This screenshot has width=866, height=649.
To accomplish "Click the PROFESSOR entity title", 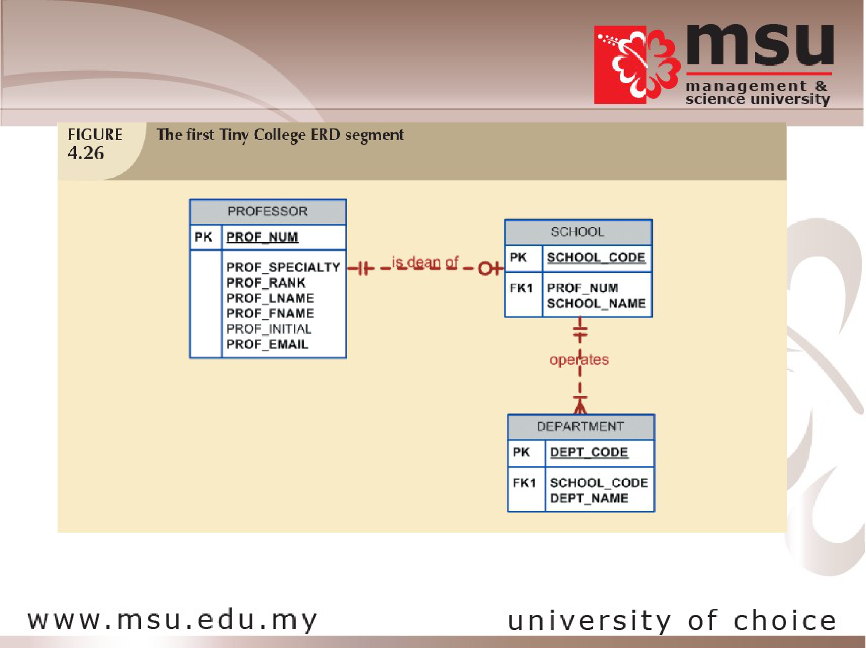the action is tap(267, 212).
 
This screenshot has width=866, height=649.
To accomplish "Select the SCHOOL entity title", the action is tap(578, 232).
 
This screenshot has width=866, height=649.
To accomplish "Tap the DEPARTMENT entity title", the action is tap(580, 427).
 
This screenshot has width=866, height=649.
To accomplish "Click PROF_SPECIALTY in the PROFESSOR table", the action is tap(283, 267).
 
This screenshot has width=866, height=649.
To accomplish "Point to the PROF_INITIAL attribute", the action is tap(269, 329).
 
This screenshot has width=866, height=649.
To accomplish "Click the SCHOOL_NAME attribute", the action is tap(596, 303).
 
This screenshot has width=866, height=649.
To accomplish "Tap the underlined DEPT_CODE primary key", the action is tap(589, 453).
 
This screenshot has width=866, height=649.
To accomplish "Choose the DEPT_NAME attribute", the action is tap(589, 498).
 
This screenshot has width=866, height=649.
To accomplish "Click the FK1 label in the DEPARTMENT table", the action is tap(524, 483).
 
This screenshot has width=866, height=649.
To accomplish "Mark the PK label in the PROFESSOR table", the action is tap(203, 237).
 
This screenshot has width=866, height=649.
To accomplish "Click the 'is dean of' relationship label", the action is tap(425, 262).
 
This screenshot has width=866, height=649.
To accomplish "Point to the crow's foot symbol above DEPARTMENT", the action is tap(580, 405).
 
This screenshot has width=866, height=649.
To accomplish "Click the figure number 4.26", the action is tap(86, 153).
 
